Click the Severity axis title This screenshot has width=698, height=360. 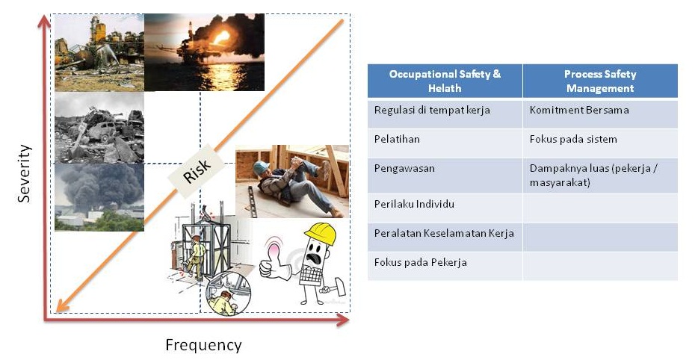tap(24, 173)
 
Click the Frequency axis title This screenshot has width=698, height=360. tap(204, 345)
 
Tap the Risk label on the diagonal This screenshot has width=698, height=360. tap(197, 171)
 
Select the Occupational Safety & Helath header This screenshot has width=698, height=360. tap(445, 81)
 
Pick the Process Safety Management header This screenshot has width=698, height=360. tap(600, 81)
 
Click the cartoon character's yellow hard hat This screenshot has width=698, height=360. tap(321, 233)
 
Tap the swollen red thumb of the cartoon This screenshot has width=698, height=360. tap(274, 250)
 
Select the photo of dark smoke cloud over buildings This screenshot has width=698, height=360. tap(99, 197)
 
